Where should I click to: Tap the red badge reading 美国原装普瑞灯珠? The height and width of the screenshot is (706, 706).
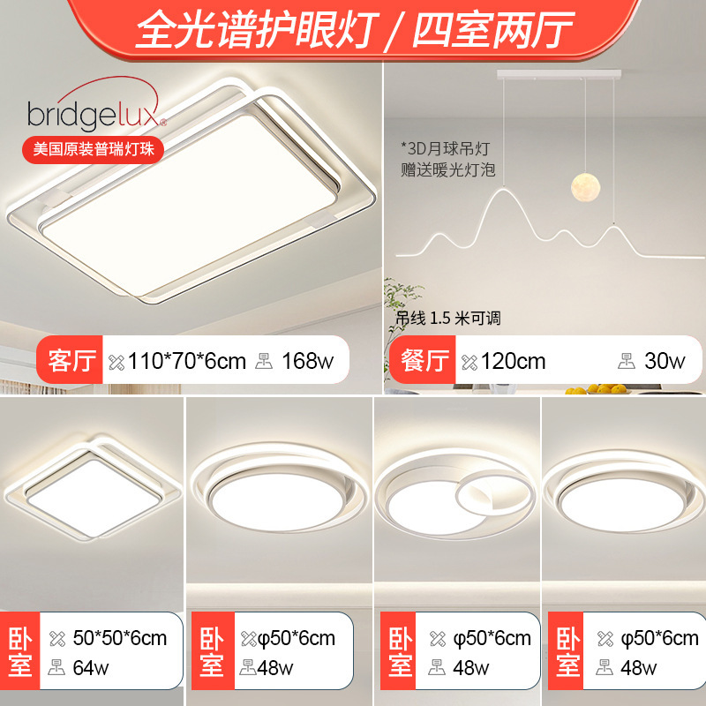pos(94,149)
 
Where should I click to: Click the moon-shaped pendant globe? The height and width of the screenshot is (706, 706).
pos(586,186)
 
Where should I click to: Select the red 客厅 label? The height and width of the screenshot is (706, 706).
pos(70,360)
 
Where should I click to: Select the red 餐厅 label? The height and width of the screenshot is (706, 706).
pos(423,360)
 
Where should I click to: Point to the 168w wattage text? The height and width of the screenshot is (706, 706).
pos(307,361)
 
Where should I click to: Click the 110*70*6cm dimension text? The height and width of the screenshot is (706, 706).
pos(187,361)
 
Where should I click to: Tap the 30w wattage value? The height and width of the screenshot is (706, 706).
pos(665,361)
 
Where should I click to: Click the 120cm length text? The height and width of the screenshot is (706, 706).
pos(514,361)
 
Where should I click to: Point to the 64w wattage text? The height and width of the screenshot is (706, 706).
pos(91,668)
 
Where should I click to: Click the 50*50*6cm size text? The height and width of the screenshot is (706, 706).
pos(120,638)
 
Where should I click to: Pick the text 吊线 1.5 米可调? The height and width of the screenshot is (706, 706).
pos(448,319)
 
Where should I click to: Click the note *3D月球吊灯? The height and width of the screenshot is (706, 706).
pos(445,148)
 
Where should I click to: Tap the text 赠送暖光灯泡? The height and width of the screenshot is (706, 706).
pos(448,169)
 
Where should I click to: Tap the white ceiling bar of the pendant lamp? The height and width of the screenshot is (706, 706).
pos(559,75)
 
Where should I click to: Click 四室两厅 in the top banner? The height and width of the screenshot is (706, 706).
pos(493,30)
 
